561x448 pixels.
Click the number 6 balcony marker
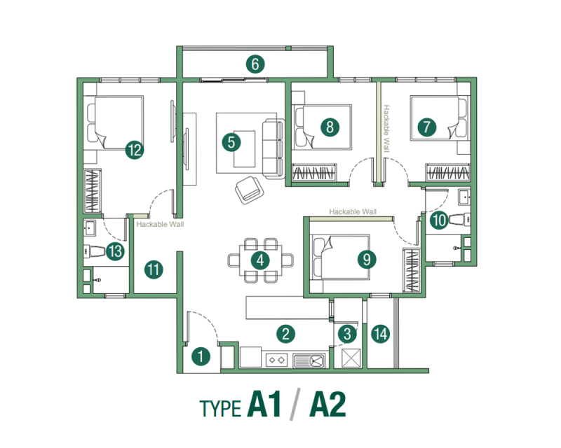coord(255,64)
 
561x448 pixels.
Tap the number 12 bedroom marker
coord(134,148)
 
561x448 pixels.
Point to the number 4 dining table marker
coord(260,260)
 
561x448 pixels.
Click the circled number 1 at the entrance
coord(201,356)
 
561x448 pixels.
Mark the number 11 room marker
coord(154,269)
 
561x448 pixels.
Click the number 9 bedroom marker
coord(366,260)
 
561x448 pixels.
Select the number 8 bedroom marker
coord(328,127)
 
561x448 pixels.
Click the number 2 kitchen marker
coord(284,333)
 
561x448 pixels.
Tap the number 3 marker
coord(346,334)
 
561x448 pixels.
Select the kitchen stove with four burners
coord(276,360)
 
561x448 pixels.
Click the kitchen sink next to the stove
coord(309,360)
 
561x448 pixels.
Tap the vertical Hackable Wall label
coord(385,129)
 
